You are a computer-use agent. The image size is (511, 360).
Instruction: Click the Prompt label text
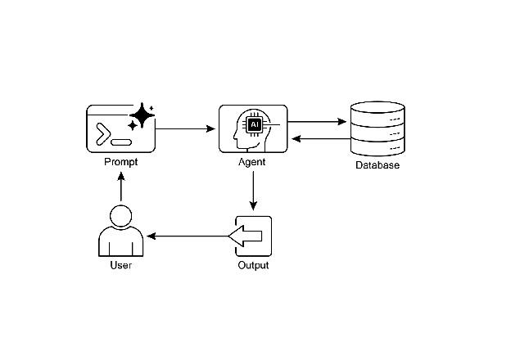121,162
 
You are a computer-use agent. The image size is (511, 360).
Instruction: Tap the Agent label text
252,162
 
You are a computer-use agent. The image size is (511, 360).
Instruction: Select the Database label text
378,166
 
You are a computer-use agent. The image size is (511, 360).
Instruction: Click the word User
121,266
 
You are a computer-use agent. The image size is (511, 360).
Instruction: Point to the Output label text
253,266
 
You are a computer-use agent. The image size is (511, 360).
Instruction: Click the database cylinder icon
378,129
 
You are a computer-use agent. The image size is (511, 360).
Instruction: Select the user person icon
121,232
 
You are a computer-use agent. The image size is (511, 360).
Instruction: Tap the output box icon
253,236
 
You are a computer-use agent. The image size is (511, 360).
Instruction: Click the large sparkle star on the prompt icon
142,116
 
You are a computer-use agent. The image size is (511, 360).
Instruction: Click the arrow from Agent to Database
319,122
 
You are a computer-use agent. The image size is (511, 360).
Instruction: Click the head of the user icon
121,217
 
